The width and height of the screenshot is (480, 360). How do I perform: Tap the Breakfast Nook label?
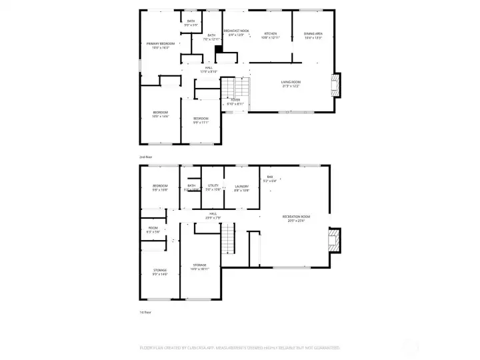[236, 32]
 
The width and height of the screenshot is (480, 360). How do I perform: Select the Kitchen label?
[271, 35]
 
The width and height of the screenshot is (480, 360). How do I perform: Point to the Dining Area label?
[313, 35]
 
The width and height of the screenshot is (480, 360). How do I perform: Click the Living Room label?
[291, 84]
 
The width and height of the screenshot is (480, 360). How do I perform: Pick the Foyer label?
[235, 101]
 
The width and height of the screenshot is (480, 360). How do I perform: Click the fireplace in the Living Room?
[335, 85]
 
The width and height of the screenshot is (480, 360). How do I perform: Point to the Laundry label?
[241, 188]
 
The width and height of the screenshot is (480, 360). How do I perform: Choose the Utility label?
[213, 188]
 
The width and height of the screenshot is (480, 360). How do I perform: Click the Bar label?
[270, 178]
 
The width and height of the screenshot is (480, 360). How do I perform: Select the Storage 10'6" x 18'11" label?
[200, 267]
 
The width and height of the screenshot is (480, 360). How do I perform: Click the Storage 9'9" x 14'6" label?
[160, 272]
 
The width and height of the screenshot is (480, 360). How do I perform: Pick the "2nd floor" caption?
[146, 157]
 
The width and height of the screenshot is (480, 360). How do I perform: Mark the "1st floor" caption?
[145, 311]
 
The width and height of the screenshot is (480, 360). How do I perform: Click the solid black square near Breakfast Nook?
[218, 49]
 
